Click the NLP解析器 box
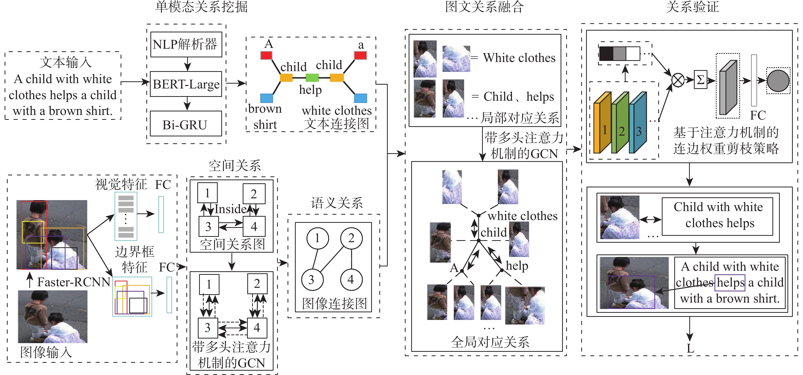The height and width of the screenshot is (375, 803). [186, 44]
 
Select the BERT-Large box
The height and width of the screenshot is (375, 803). [186, 84]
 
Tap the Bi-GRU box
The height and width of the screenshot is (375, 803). [186, 124]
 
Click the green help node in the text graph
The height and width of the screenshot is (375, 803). [312, 77]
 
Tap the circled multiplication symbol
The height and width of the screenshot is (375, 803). [678, 80]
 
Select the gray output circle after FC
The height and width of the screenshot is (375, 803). [778, 81]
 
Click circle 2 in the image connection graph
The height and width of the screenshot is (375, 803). [351, 238]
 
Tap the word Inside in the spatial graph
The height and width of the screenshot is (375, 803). [231, 209]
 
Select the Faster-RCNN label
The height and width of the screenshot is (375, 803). [74, 282]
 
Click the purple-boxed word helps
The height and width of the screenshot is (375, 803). [730, 282]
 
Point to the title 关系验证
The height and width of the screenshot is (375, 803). [692, 7]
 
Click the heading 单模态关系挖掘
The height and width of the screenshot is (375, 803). [201, 7]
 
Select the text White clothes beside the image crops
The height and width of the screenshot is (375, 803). [519, 58]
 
